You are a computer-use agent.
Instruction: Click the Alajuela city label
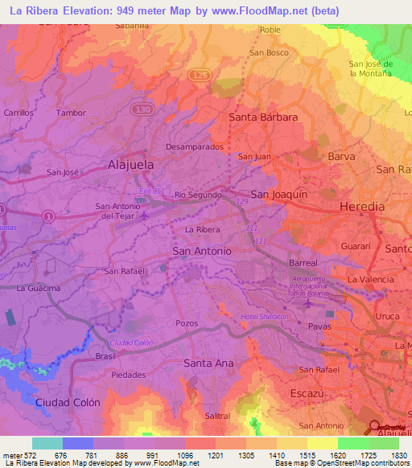pyautogui.click(x=130, y=164)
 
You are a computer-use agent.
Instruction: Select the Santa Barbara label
pyautogui.click(x=263, y=117)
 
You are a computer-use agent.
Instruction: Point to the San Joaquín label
pyautogui.click(x=279, y=195)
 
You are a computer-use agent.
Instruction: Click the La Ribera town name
pyautogui.click(x=203, y=230)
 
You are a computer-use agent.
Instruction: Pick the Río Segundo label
pyautogui.click(x=193, y=195)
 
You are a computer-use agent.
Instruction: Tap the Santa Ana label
pyautogui.click(x=208, y=363)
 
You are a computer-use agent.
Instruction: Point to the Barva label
pyautogui.click(x=341, y=157)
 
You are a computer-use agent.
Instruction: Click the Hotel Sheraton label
pyautogui.click(x=263, y=318)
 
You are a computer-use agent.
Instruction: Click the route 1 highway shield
pyautogui.click(x=48, y=216)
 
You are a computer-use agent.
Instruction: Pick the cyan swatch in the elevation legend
pyautogui.click(x=47, y=443)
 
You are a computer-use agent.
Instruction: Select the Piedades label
pyautogui.click(x=129, y=375)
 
